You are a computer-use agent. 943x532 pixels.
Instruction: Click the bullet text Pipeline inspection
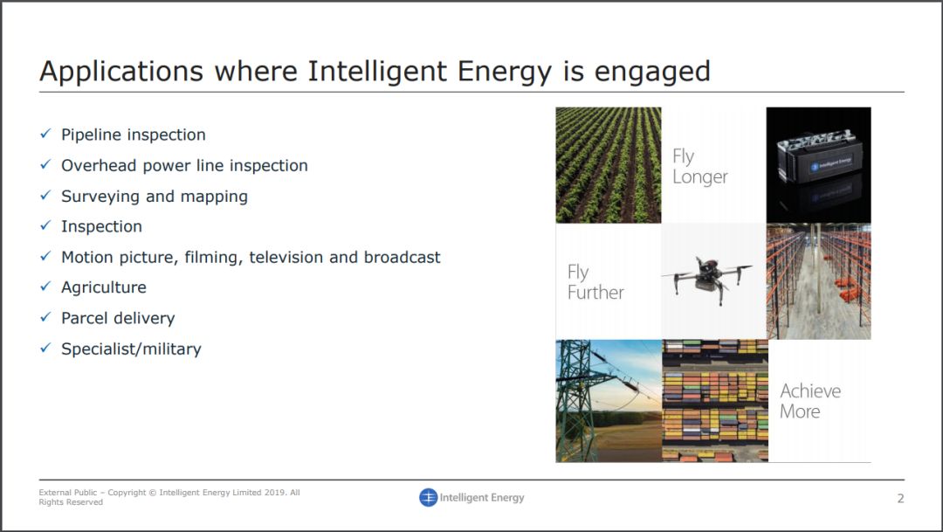pos(134,135)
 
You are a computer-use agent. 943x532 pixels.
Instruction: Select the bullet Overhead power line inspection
pos(184,165)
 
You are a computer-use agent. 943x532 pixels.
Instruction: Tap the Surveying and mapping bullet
pos(155,197)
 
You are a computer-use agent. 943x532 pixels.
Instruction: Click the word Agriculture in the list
pos(104,287)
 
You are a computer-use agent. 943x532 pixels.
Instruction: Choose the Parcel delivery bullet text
pos(118,318)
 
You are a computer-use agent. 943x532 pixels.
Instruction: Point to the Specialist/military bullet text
pos(131,349)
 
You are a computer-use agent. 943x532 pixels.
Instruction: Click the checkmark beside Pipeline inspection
pos(45,134)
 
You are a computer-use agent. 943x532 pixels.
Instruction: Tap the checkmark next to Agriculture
pos(45,287)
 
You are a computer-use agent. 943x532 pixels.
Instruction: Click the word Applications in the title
pos(121,72)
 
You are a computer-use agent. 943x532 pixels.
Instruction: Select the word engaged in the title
pos(652,73)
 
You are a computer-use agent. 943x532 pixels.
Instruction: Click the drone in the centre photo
pos(707,280)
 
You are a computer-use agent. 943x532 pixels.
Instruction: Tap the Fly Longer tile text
pos(700,167)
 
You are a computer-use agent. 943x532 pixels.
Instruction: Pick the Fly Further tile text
pos(595,282)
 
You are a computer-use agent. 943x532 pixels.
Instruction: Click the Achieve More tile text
pos(810,402)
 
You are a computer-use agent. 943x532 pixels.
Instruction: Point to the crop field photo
pos(608,165)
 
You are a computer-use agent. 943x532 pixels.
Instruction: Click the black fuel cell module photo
pos(818,165)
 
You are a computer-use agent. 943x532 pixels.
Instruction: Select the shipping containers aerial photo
pos(715,401)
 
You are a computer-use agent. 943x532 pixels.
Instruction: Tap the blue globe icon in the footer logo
pos(428,497)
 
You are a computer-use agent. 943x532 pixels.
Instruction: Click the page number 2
pos(900,498)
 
